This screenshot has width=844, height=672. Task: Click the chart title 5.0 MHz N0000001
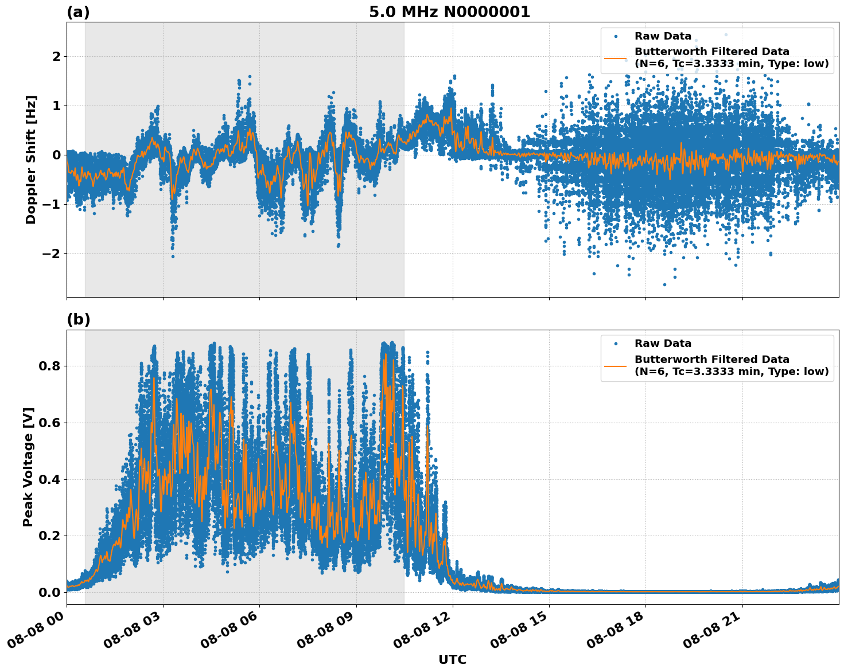(x=449, y=12)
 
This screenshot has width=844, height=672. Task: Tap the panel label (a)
(x=78, y=12)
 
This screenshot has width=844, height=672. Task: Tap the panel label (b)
(x=78, y=320)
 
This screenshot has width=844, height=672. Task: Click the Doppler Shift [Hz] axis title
(x=31, y=159)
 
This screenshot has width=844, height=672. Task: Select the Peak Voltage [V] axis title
(x=28, y=467)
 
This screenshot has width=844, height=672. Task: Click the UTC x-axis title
(x=452, y=659)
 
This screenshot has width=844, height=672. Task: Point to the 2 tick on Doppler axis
(x=56, y=57)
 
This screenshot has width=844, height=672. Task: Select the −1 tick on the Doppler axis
(x=53, y=205)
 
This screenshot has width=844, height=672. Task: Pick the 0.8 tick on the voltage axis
(x=49, y=366)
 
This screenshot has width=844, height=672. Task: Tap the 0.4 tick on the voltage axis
(x=49, y=479)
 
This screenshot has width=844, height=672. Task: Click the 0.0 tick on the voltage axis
(x=49, y=592)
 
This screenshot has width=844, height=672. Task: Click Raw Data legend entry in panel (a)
(x=663, y=36)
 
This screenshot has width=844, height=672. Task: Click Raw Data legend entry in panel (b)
(x=663, y=343)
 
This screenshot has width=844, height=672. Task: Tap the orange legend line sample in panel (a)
(x=616, y=58)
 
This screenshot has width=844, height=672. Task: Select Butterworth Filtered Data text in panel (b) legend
(x=711, y=360)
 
